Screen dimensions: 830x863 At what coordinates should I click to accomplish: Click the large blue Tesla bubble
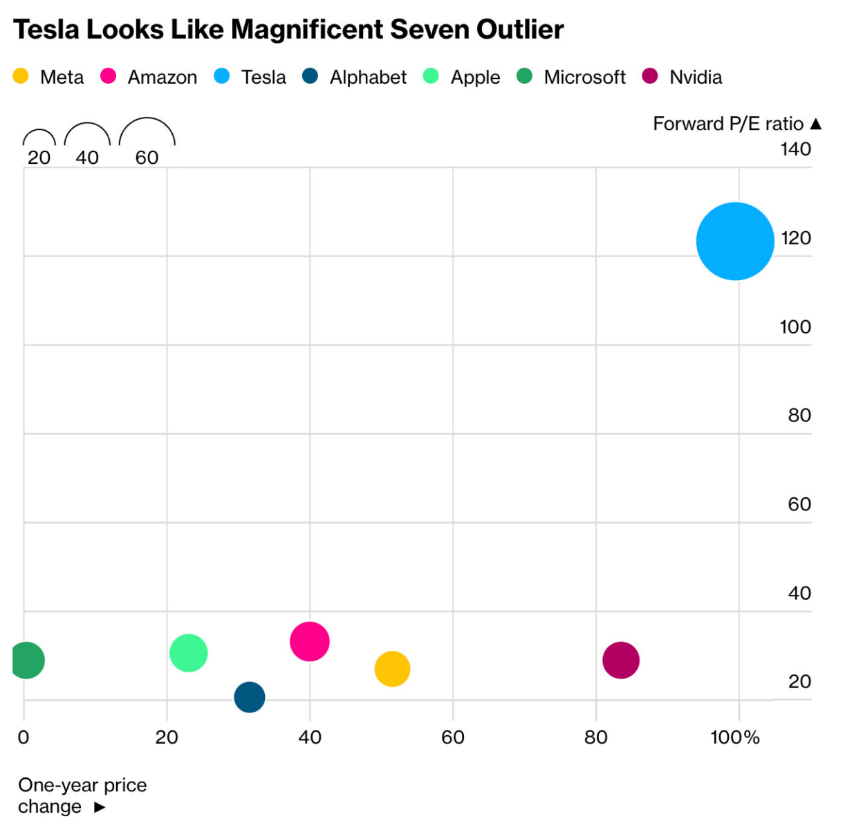pyautogui.click(x=735, y=241)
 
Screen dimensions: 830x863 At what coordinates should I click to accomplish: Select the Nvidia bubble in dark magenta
pyautogui.click(x=621, y=660)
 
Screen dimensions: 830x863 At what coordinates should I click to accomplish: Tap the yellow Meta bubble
pyautogui.click(x=392, y=669)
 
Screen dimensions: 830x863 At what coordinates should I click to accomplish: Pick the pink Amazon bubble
pyautogui.click(x=310, y=641)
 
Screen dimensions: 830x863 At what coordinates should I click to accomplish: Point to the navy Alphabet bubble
pyautogui.click(x=250, y=697)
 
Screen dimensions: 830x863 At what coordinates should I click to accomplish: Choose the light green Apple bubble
pyautogui.click(x=189, y=652)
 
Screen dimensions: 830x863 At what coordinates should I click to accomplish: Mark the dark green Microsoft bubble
pyautogui.click(x=27, y=660)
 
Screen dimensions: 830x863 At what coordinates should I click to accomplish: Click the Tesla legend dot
pyautogui.click(x=222, y=76)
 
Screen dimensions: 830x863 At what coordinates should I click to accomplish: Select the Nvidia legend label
pyautogui.click(x=696, y=77)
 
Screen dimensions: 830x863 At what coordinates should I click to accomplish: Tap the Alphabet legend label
pyautogui.click(x=368, y=77)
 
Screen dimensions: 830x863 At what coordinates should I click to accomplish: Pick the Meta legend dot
pyautogui.click(x=21, y=76)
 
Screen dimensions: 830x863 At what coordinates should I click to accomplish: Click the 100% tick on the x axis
pyautogui.click(x=735, y=737)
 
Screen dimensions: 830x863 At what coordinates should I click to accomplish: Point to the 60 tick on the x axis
pyautogui.click(x=453, y=737)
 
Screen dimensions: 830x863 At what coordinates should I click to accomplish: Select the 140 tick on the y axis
pyautogui.click(x=795, y=149)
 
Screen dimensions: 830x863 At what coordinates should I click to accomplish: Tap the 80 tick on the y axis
pyautogui.click(x=799, y=415)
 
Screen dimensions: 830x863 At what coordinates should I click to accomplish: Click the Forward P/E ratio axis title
pyautogui.click(x=728, y=124)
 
